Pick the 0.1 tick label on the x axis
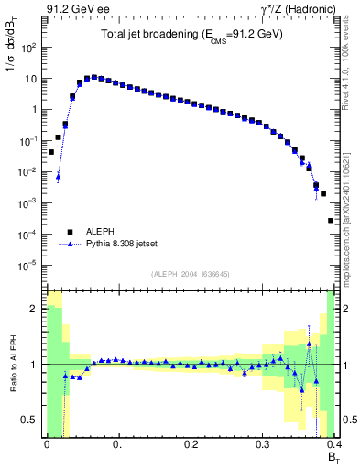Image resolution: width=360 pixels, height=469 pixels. click(x=118, y=444)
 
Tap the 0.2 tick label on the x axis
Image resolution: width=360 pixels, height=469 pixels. click(x=191, y=444)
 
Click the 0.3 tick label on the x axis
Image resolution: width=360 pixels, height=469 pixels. click(x=263, y=444)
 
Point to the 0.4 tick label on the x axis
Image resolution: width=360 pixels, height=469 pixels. click(x=335, y=444)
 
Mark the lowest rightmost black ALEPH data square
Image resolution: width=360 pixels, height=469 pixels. click(x=331, y=221)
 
